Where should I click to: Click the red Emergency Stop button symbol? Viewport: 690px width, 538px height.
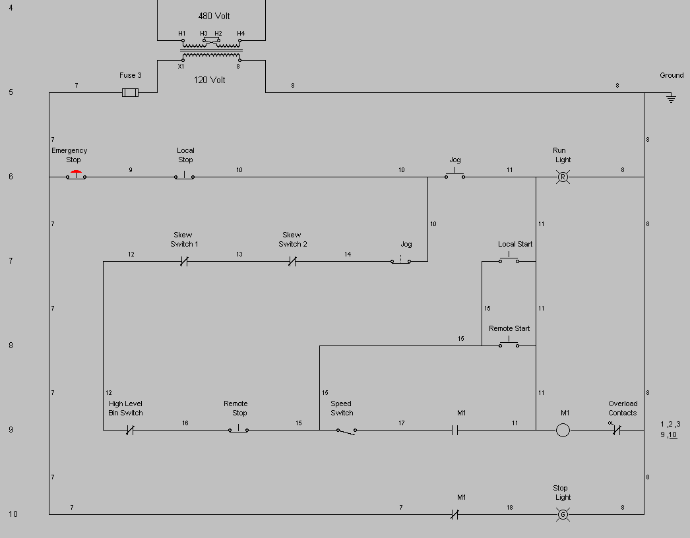coord(76,175)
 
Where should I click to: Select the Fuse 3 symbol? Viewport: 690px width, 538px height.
coord(131,93)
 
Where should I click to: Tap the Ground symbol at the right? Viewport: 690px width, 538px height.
coord(671,98)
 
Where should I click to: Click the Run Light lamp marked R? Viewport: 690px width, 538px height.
coord(563,177)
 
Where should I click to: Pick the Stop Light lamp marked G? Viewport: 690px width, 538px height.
coord(563,514)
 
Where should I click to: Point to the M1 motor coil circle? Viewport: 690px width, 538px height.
coord(563,431)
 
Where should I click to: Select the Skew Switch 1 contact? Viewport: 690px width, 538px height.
coord(185,262)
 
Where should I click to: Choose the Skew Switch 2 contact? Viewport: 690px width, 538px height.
coord(292,262)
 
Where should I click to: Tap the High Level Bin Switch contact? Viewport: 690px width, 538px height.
coord(130,431)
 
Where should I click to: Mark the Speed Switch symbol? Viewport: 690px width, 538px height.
coord(346,431)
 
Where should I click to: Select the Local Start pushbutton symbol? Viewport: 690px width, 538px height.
coord(508,260)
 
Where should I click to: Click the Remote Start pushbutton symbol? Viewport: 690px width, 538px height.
coord(509,344)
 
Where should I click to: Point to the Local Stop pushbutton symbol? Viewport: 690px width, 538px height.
coord(184,176)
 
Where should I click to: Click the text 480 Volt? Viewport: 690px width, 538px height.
coord(214,16)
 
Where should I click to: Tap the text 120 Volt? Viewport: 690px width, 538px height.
coord(209,80)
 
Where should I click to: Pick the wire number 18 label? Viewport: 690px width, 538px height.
coord(510,507)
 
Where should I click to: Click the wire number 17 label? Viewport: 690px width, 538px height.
coord(401,423)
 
